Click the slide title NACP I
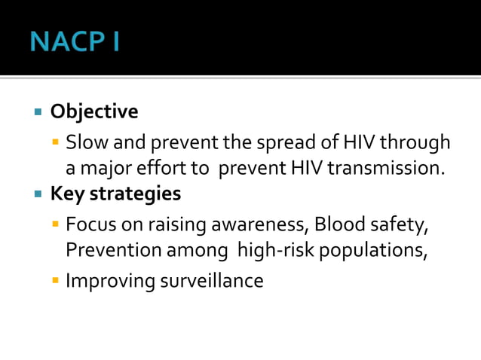(x=75, y=41)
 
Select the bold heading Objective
(x=94, y=112)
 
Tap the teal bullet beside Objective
(x=38, y=113)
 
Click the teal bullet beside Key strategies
(x=38, y=194)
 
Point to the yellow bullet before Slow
(x=56, y=142)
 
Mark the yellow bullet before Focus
(x=56, y=224)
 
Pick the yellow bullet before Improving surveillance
(x=56, y=282)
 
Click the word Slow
(x=83, y=142)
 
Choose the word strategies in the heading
(x=136, y=194)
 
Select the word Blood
(x=337, y=224)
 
